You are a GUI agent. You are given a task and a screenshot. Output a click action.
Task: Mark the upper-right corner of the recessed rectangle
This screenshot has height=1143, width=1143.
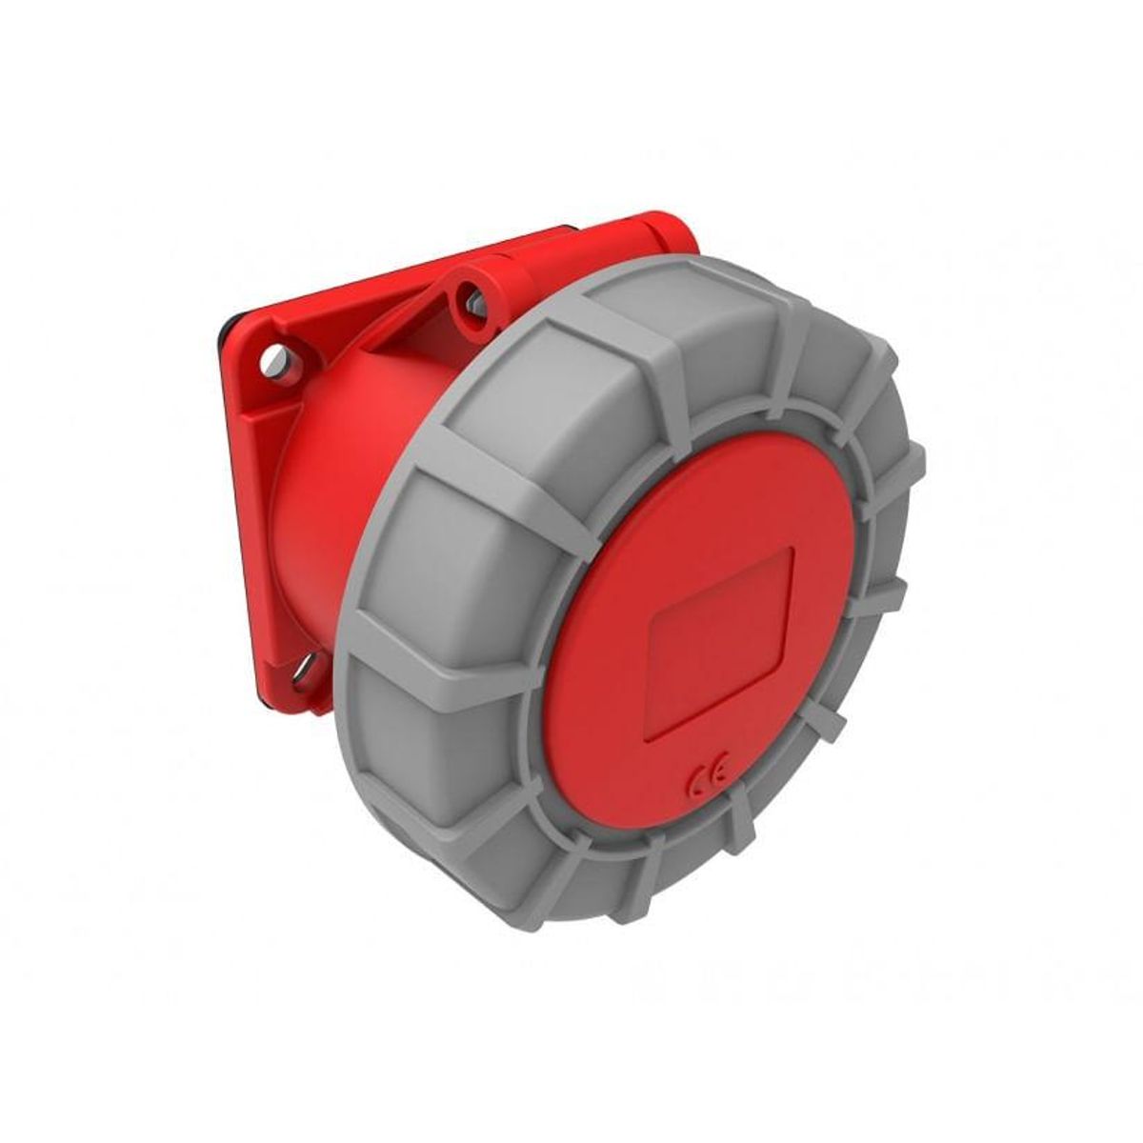pyautogui.click(x=792, y=550)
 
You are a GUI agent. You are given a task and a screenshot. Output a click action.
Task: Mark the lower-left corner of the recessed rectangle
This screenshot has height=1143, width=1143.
pyautogui.click(x=650, y=735)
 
